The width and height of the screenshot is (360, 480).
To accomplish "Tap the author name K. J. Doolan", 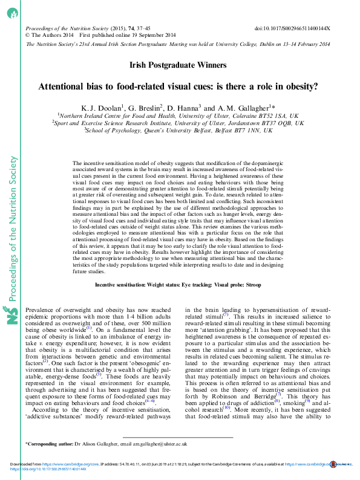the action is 99,108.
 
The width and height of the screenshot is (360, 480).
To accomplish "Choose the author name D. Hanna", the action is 184,108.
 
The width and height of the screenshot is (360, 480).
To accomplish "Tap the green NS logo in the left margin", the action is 13,316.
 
